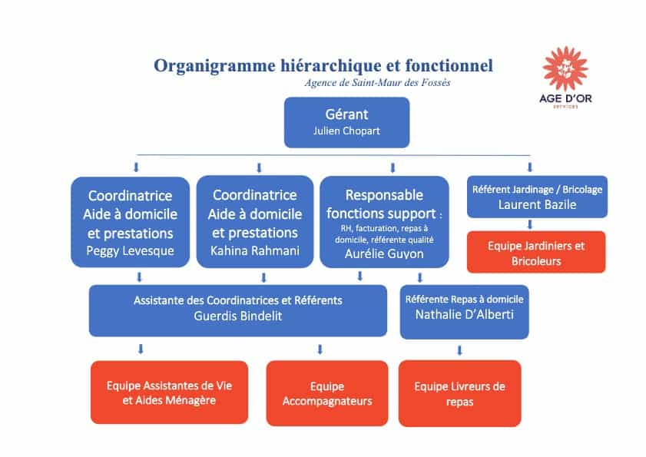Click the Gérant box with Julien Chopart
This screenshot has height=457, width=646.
347,122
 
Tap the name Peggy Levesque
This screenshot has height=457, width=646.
130,252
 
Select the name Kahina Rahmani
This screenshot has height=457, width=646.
255,251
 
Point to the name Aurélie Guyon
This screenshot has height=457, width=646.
383,253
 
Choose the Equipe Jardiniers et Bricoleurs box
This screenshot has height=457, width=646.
536,253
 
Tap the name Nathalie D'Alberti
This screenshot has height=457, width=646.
464,314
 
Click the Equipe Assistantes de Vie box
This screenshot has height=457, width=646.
169,393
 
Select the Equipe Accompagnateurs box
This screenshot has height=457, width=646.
326,393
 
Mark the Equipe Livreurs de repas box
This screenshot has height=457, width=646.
459,393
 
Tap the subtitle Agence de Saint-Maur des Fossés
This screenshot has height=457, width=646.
377,83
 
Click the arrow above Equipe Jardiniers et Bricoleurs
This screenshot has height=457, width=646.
530,224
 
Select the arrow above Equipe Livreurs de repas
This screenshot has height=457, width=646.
460,350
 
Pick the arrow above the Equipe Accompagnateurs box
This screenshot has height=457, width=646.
320,350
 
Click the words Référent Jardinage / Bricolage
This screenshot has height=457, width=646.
536,189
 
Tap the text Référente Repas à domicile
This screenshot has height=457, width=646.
464,299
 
